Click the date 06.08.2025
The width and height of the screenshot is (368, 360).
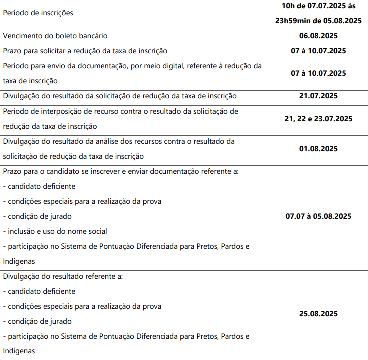point(318,36)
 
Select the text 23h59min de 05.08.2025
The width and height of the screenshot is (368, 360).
point(318,20)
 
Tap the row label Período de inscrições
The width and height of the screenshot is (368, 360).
point(38,13)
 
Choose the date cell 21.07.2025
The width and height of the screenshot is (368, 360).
point(318,96)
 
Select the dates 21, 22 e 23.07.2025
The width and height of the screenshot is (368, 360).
point(318,119)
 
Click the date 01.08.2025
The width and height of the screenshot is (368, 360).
point(318,149)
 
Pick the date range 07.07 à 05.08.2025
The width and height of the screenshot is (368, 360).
point(318,216)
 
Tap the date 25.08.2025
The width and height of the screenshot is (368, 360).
point(318,314)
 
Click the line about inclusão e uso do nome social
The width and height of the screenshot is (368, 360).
point(55,231)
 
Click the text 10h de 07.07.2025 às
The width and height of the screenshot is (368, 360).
point(318,6)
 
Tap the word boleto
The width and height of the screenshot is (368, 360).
point(63,36)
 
